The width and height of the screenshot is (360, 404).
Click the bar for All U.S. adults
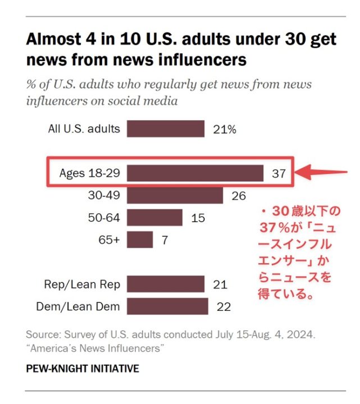point(165,128)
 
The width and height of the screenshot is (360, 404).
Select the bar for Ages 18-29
point(195,173)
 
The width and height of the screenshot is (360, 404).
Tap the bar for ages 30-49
point(175,195)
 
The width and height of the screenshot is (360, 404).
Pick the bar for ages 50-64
point(154,218)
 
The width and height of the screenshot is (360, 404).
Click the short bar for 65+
point(140,240)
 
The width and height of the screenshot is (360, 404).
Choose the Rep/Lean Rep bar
point(165,284)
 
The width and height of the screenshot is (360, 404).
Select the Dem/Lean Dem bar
point(167,306)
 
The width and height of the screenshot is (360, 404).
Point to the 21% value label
point(225,129)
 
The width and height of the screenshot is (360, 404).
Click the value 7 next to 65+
point(165,240)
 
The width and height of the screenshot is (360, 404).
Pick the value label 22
point(224,306)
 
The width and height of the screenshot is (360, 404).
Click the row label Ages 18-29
point(89,173)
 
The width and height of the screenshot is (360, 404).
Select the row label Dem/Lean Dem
point(78,306)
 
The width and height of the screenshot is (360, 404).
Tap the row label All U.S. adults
point(84,128)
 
